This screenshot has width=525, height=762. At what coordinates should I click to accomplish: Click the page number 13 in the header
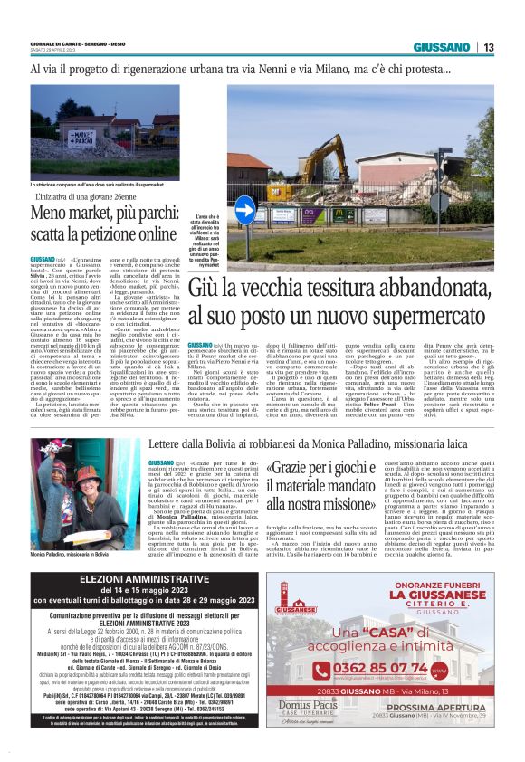pyautogui.click(x=488, y=47)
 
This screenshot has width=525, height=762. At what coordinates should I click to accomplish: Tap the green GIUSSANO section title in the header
pyautogui.click(x=441, y=47)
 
